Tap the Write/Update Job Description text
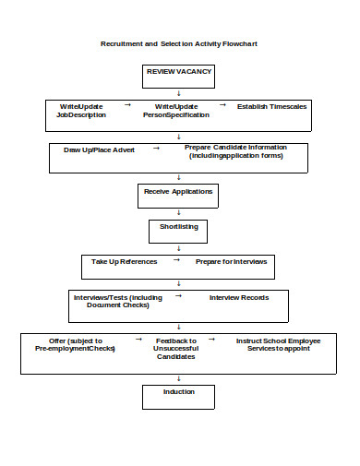(81, 111)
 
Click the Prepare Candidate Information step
(235, 151)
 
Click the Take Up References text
(124, 261)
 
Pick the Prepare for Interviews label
(231, 261)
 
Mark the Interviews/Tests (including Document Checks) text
(117, 301)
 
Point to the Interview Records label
(239, 297)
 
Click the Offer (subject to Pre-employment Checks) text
(76, 345)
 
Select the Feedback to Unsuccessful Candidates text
(174, 348)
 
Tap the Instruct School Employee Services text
(278, 345)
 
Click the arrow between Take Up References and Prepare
(176, 260)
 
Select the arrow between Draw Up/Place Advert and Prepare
(156, 147)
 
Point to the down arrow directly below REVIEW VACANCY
(179, 93)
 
